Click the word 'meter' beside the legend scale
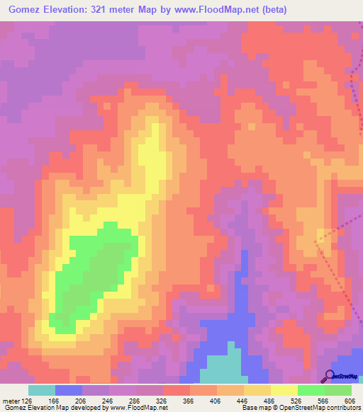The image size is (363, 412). tap(11, 400)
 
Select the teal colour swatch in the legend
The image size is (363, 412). tap(42, 390)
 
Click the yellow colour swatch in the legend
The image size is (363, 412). tap(284, 390)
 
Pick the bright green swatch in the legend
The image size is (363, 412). tap(311, 390)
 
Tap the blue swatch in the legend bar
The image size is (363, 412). tap(69, 390)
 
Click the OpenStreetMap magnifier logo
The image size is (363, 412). tap(329, 377)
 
